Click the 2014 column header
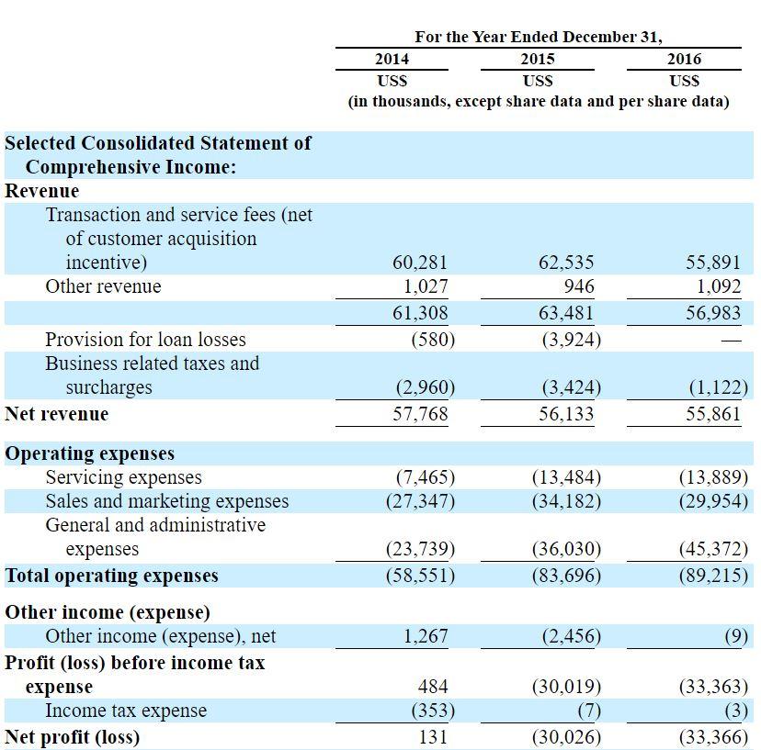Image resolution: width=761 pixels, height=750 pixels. pos(392,59)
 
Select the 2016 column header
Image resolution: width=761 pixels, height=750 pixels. pos(684,59)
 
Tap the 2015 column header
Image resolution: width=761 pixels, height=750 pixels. pos(538,59)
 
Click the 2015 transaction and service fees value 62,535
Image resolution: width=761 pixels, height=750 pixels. pos(566,263)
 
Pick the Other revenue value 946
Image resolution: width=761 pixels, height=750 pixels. pos(579,286)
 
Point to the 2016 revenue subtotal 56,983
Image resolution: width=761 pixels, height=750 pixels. pos(713,313)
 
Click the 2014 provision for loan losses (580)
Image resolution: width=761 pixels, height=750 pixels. pos(433,340)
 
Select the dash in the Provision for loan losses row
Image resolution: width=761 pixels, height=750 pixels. pos(731,341)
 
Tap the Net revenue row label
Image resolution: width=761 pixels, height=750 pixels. pos(57,413)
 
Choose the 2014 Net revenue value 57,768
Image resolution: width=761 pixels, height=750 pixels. pos(420,413)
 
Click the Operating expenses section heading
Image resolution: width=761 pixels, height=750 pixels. pos(90,453)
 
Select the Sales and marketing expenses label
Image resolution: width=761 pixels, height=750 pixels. pos(167,501)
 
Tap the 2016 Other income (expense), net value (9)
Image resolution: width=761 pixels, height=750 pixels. pos(736,635)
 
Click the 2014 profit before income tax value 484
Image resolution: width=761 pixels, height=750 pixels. pos(433,687)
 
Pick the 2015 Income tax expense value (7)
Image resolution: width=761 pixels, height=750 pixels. pos(589,711)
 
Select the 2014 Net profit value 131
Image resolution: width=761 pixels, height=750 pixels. pos(433,737)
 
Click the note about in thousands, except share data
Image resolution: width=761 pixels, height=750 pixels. pos(539,101)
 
